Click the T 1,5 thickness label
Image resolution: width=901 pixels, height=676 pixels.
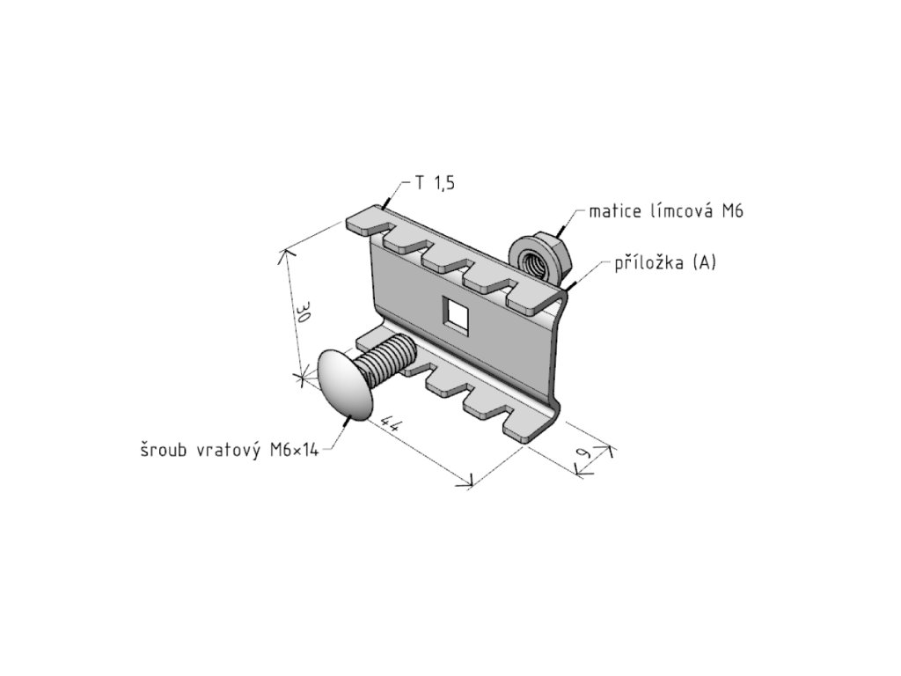(436, 183)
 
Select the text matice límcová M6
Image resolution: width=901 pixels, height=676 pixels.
(659, 211)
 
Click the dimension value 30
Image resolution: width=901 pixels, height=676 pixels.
(303, 314)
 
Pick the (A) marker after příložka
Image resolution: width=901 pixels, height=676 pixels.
(703, 262)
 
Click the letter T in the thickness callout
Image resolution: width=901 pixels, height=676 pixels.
(421, 183)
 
